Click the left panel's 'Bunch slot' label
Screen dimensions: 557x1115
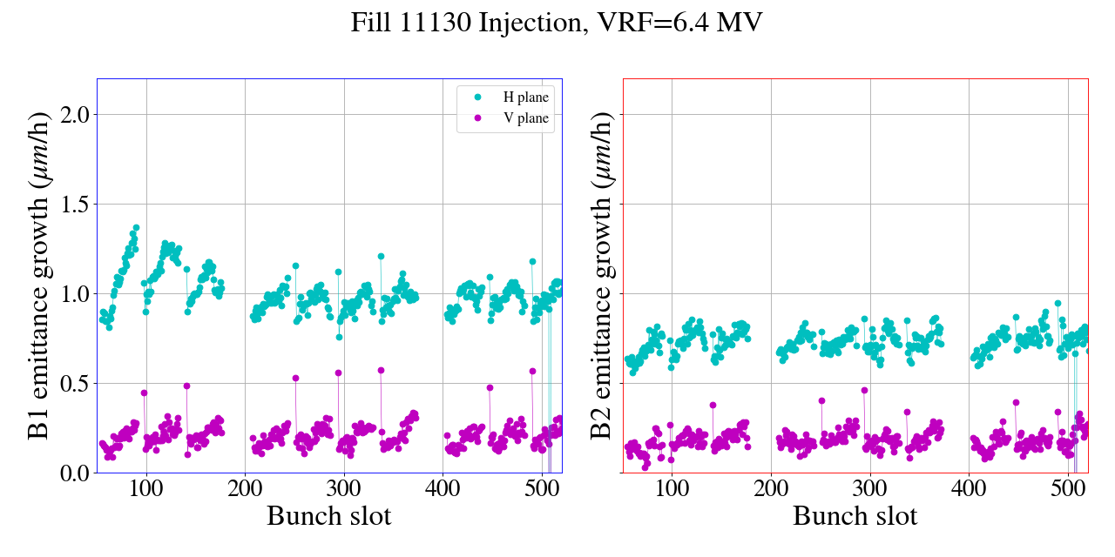point(329,516)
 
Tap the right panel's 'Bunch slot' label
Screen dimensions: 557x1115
point(855,516)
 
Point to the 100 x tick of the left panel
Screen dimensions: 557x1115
point(146,488)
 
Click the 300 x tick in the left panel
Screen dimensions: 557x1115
point(344,488)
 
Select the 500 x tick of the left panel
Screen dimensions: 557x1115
point(542,488)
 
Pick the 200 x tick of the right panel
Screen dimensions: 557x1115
point(771,488)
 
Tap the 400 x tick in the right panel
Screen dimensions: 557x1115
point(969,488)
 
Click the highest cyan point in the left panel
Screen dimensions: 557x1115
point(136,227)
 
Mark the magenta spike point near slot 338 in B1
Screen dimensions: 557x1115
point(381,370)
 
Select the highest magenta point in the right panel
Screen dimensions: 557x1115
point(864,390)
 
